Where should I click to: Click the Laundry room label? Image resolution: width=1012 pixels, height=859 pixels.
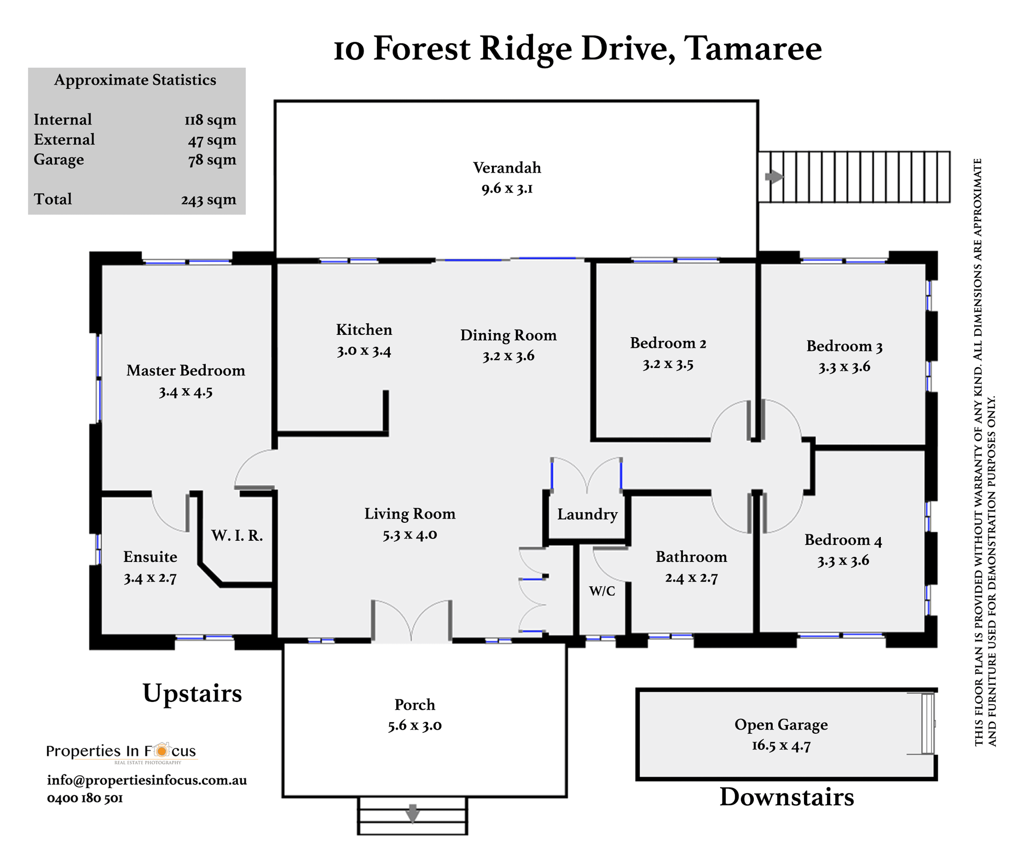(587, 514)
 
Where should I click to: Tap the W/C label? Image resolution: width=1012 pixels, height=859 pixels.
(602, 591)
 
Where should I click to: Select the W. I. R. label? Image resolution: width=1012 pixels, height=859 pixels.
(237, 536)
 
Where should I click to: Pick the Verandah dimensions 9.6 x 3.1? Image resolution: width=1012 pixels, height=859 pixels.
(507, 188)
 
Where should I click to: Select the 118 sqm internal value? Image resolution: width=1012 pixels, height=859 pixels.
(210, 120)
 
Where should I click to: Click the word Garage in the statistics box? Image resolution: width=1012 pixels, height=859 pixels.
(59, 160)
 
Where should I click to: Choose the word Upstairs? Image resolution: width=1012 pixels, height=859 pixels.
(192, 694)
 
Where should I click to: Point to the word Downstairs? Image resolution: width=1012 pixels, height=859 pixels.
(787, 797)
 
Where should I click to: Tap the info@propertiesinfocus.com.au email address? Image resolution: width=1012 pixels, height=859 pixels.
(147, 780)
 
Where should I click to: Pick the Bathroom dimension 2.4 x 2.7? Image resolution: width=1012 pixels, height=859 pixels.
(691, 578)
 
